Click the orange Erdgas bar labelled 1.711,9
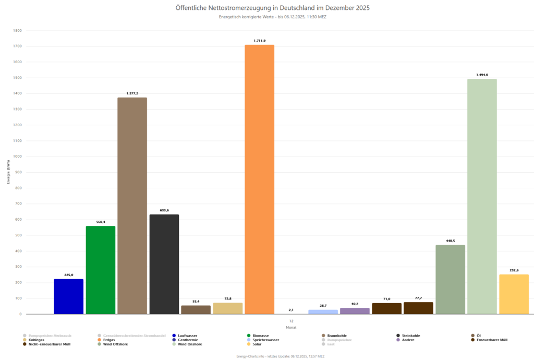coord(259,179)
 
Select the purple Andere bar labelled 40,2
coord(355,311)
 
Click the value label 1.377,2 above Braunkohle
coord(132,93)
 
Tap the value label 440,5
coord(450,241)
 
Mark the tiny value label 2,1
coord(291,310)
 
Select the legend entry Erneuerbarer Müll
coord(492,340)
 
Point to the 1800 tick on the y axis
coord(17,31)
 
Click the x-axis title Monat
coord(291,327)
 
